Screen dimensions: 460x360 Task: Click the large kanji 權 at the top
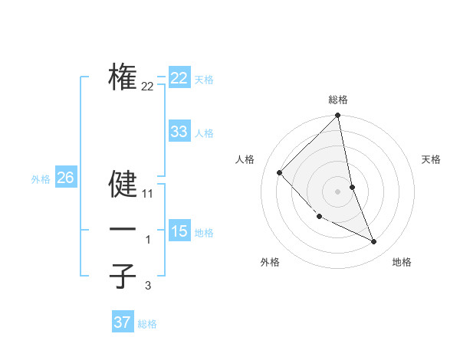123,77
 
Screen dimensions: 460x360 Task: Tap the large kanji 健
123,184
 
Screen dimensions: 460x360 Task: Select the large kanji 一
123,230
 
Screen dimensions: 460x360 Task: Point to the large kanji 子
123,276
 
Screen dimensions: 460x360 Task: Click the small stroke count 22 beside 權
148,87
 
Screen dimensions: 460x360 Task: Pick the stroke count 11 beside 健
148,195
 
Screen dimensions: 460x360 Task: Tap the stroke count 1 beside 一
148,241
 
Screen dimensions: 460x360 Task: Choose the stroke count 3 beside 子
148,286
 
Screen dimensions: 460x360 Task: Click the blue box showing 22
179,78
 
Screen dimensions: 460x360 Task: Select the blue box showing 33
179,132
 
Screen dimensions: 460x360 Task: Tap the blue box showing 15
179,231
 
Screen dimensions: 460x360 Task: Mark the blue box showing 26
65,178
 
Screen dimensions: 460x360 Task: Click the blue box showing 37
122,322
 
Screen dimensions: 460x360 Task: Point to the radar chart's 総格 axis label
338,100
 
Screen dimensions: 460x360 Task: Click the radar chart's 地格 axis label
402,262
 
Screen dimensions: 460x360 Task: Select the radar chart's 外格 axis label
270,262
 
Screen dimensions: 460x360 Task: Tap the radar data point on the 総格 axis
338,116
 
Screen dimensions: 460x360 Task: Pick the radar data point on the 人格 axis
280,172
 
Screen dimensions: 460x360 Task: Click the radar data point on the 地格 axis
374,241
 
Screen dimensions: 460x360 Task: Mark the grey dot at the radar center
338,191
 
